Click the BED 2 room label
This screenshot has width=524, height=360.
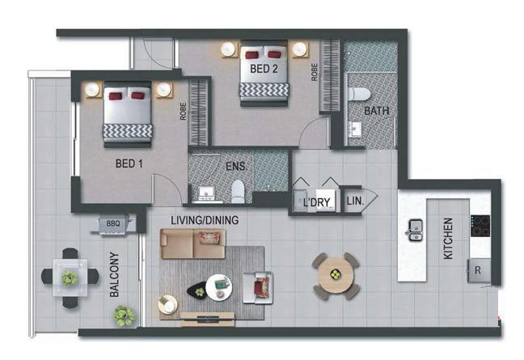264,69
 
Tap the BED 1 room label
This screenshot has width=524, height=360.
129,163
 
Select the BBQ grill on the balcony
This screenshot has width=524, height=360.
113,223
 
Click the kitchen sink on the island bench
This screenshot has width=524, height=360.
416,230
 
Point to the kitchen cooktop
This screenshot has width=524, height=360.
480,226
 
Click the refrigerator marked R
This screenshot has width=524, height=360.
479,270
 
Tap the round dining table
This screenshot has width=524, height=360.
336,275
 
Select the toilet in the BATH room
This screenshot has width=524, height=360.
359,95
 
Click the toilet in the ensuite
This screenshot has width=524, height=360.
238,191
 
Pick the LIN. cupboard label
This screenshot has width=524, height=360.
355,201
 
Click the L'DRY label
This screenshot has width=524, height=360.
316,202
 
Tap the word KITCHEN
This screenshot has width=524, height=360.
448,239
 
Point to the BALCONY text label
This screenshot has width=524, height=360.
114,274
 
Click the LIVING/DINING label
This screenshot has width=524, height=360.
205,220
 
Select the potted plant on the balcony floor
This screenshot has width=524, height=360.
124,316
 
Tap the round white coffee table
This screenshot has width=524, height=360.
218,287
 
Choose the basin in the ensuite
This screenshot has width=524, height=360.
206,194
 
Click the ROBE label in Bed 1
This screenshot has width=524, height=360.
183,111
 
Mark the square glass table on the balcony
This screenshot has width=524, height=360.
70,277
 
